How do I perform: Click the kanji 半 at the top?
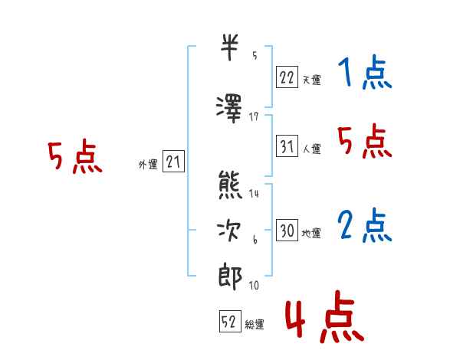[x=229, y=47]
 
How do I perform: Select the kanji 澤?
[x=229, y=109]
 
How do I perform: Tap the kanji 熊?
[x=230, y=185]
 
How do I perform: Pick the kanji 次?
[x=228, y=231]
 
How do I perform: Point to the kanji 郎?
[x=230, y=277]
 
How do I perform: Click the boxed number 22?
[x=287, y=77]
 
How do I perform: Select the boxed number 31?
[x=287, y=146]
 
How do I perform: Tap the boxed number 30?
[x=287, y=230]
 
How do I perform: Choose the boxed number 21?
[x=173, y=161]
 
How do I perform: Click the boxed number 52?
[x=230, y=321]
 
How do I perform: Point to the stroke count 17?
[x=254, y=117]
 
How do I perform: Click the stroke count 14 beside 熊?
[x=254, y=193]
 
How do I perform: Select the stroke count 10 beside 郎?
[x=254, y=285]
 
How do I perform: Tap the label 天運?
[x=311, y=80]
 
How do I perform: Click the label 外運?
[x=148, y=165]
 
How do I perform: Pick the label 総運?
[x=254, y=325]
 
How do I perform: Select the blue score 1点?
[x=365, y=72]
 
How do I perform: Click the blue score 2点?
[x=364, y=225]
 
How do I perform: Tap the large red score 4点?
[x=324, y=316]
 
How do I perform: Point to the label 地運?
[x=311, y=234]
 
